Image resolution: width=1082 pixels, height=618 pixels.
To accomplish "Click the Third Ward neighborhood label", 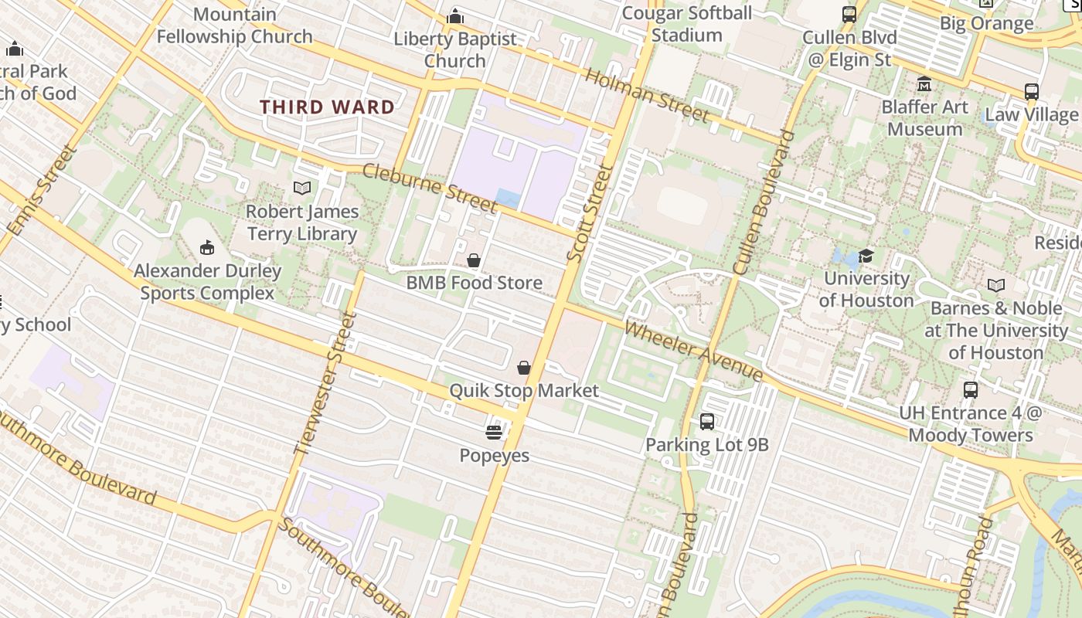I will tap(327, 107).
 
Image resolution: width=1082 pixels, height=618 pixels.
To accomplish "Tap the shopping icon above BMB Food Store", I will tap(474, 260).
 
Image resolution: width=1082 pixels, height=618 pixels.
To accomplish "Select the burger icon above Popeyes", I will tap(494, 432).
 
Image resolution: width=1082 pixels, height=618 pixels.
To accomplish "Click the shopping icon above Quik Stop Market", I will tap(524, 367).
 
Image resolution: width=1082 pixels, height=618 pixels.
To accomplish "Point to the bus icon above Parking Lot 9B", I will tap(706, 421).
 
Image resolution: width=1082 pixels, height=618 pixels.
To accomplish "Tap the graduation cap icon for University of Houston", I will tap(866, 256).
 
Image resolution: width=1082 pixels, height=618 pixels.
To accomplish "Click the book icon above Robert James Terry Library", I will tap(302, 188).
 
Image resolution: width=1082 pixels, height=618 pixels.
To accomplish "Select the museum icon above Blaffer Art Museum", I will tap(924, 83).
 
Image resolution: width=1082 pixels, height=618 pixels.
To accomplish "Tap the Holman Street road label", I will tap(646, 96).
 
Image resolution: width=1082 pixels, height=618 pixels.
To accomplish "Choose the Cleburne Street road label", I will tap(429, 188).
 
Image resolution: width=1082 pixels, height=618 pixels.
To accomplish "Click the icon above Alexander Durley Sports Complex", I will tap(206, 247).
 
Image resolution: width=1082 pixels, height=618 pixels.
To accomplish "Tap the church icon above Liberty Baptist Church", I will tap(455, 15).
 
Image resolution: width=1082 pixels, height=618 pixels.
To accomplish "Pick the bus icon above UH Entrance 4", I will tap(971, 389).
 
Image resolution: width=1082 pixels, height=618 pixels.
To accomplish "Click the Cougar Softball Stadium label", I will tap(686, 24).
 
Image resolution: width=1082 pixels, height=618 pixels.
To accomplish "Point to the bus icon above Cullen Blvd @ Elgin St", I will tap(849, 14).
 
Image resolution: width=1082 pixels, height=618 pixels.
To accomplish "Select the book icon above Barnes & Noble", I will tap(996, 285).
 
